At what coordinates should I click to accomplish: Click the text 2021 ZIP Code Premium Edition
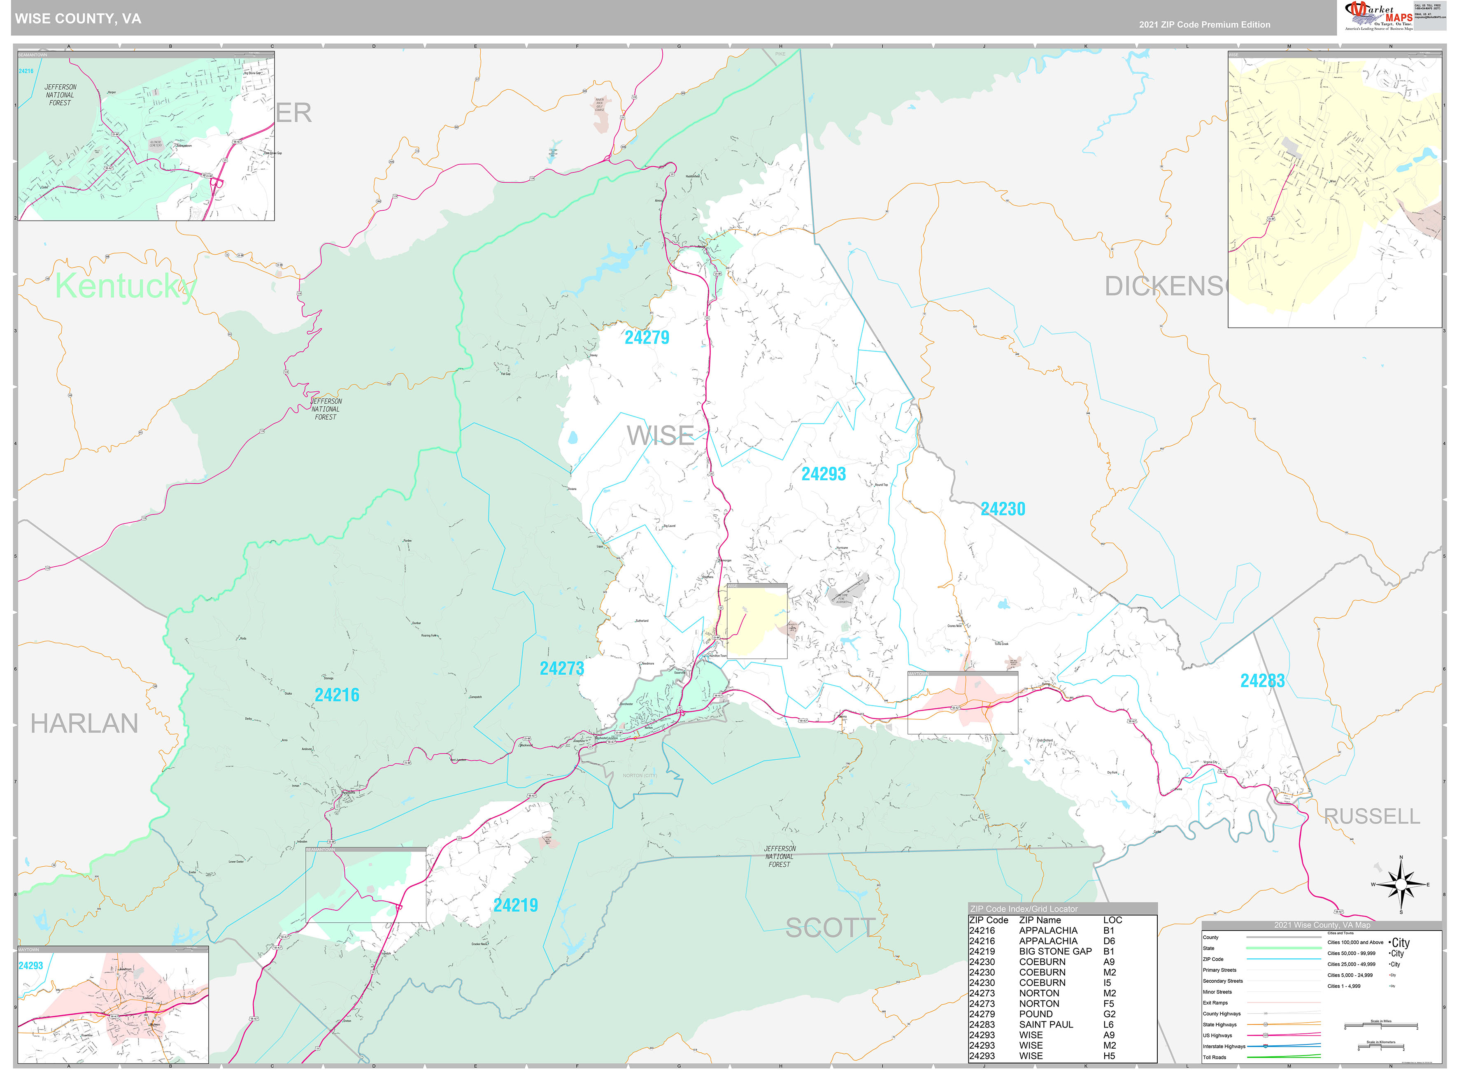pyautogui.click(x=1205, y=25)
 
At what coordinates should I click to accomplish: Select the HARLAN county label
pyautogui.click(x=84, y=723)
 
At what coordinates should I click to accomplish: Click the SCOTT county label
pyautogui.click(x=830, y=928)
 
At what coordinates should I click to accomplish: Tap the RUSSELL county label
pyautogui.click(x=1372, y=816)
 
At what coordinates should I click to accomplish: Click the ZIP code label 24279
pyautogui.click(x=646, y=337)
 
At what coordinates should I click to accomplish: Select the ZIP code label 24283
pyautogui.click(x=1262, y=681)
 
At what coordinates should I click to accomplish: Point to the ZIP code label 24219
pyautogui.click(x=515, y=905)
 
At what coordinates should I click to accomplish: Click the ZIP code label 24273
pyautogui.click(x=561, y=668)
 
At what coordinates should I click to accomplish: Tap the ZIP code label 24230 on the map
pyautogui.click(x=1003, y=509)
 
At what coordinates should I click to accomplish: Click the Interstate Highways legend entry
pyautogui.click(x=1224, y=1047)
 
